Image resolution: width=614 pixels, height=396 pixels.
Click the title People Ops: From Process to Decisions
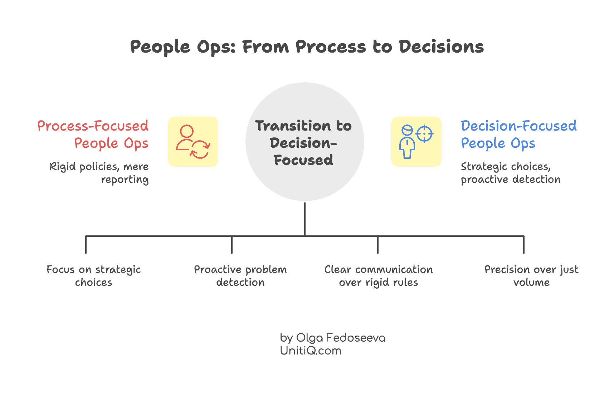(x=307, y=47)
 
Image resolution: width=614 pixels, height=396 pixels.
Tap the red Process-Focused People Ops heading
(x=93, y=135)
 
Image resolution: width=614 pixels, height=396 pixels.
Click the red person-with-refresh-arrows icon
(x=193, y=142)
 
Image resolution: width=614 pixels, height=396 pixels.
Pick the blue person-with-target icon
(x=416, y=142)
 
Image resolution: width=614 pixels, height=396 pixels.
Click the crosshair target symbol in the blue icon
(x=424, y=134)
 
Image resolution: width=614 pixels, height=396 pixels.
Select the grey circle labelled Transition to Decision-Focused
(x=304, y=142)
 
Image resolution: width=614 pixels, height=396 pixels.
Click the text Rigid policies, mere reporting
(x=99, y=173)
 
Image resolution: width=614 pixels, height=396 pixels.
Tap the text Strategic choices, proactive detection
(x=510, y=173)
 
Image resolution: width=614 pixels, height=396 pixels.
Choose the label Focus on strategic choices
(x=93, y=276)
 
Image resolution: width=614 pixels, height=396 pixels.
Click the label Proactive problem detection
(x=240, y=276)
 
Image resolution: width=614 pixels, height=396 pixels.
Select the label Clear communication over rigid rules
(x=378, y=276)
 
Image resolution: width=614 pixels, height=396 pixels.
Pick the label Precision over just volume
(x=531, y=276)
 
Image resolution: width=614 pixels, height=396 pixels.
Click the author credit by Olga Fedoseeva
(x=332, y=338)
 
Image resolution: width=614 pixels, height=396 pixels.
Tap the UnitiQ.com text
(x=311, y=351)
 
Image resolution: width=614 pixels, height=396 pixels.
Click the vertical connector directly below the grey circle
(x=304, y=218)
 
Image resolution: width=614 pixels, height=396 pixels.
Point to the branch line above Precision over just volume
(x=524, y=245)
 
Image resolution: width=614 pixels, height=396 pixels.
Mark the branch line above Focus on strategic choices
(x=86, y=245)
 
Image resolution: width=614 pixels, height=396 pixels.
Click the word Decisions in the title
(x=441, y=47)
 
